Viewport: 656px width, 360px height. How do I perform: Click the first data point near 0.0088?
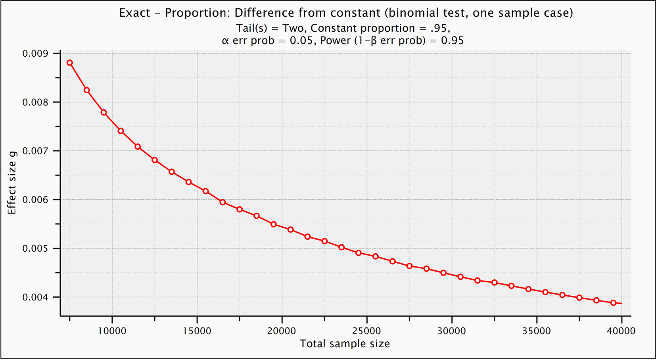(70, 63)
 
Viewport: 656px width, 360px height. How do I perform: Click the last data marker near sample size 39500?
(613, 303)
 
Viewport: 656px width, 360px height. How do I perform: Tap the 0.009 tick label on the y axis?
(35, 54)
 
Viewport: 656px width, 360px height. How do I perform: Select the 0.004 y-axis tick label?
(35, 297)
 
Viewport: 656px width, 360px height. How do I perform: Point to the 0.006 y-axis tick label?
(35, 200)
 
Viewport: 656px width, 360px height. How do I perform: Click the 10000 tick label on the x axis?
(112, 331)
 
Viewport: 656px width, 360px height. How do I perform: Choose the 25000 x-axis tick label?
(366, 331)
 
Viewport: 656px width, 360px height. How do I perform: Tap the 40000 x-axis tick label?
(621, 331)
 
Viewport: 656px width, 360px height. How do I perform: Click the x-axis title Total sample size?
(345, 344)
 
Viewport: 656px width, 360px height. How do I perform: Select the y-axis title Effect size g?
(12, 183)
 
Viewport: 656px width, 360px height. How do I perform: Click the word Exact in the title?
(134, 13)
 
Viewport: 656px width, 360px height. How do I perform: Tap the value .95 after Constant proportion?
(439, 28)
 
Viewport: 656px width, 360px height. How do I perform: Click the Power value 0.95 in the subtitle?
(453, 40)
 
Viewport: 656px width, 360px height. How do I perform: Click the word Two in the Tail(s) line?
(294, 28)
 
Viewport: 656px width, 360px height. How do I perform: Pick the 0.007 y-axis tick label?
(35, 151)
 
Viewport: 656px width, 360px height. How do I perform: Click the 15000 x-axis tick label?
(197, 331)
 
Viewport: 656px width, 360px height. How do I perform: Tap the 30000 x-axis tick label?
(451, 331)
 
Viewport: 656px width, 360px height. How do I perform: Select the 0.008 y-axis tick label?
(35, 102)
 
